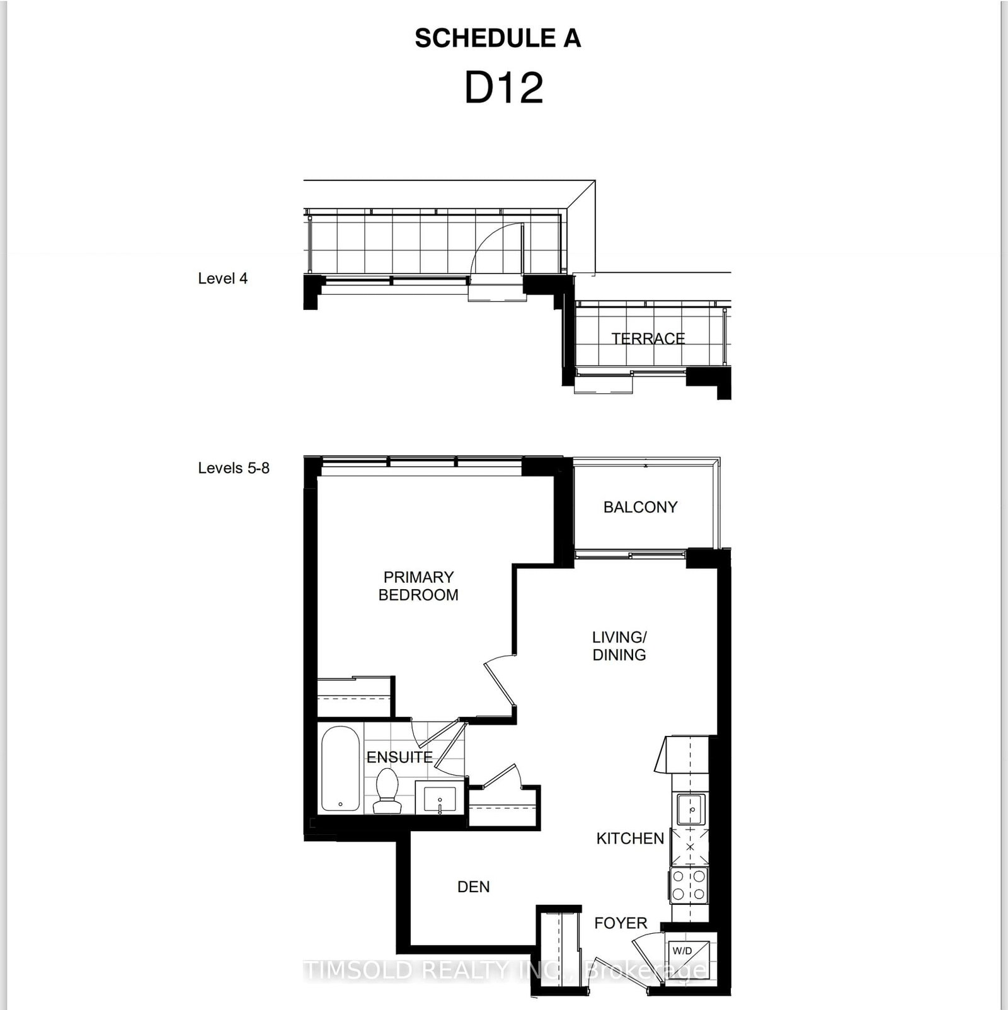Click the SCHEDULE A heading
[x=498, y=38]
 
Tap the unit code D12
[x=503, y=88]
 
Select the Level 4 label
[x=222, y=278]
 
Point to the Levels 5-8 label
[x=233, y=468]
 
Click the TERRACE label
[x=648, y=338]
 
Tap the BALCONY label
[x=640, y=507]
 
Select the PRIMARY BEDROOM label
[x=418, y=586]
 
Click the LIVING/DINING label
[x=619, y=646]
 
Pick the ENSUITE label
[x=399, y=757]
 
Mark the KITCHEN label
[x=630, y=839]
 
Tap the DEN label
[x=473, y=887]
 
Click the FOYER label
[x=621, y=923]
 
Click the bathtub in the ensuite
[x=340, y=769]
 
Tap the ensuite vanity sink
[x=440, y=800]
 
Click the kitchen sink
[x=690, y=810]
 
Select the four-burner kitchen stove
[x=689, y=885]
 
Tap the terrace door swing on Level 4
[x=498, y=252]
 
